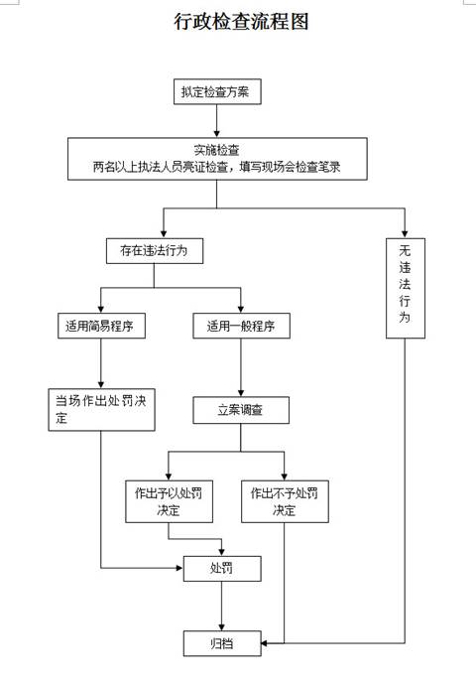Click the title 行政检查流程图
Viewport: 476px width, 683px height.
tap(241, 22)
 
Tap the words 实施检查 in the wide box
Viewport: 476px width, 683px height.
tap(217, 150)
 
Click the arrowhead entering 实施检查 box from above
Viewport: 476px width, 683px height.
tap(217, 134)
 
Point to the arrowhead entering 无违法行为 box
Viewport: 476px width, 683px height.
tap(405, 233)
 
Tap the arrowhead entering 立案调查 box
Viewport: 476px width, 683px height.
tap(241, 392)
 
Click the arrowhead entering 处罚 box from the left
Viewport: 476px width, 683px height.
tap(179, 568)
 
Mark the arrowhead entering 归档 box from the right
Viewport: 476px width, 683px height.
tap(265, 643)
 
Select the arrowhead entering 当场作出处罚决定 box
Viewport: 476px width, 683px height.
tap(101, 384)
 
